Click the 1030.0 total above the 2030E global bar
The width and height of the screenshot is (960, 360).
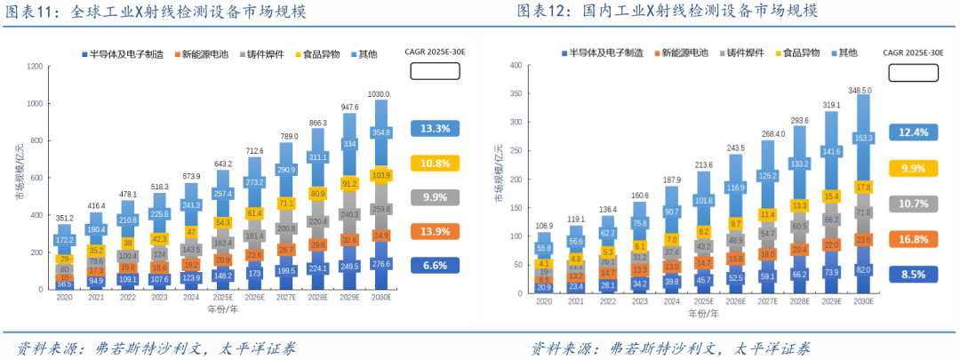(x=380, y=93)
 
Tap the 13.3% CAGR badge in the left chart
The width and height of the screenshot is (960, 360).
(x=435, y=128)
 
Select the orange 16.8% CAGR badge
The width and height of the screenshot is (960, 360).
(x=914, y=238)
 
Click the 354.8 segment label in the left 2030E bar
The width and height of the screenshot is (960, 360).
(x=380, y=133)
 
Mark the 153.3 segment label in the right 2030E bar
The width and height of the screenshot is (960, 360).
(x=861, y=138)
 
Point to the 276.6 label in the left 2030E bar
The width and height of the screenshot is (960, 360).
(x=380, y=264)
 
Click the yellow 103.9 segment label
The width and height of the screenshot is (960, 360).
(x=380, y=175)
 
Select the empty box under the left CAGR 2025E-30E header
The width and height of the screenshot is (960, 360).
(x=435, y=71)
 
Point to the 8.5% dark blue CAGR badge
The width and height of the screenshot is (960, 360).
(x=914, y=274)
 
